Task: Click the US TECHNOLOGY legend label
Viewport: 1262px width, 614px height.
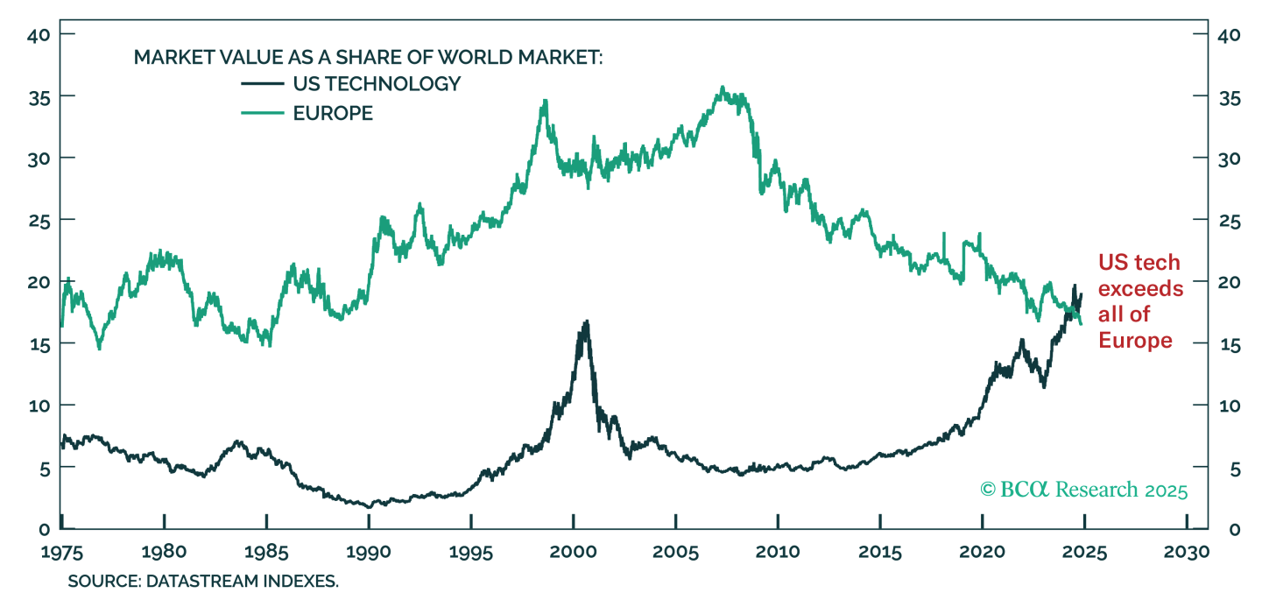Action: pos(377,84)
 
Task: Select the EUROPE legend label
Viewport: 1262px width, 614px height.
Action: pos(333,113)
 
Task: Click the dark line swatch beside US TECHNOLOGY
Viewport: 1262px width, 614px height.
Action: pos(262,84)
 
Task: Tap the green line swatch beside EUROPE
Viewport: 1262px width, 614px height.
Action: pos(262,113)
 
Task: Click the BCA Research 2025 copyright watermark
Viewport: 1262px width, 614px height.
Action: pos(1083,489)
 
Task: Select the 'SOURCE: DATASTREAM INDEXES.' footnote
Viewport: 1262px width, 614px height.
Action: pos(203,582)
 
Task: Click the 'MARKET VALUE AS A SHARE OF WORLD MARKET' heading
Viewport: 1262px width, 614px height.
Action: pos(369,58)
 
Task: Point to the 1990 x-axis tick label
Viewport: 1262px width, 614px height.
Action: pos(369,554)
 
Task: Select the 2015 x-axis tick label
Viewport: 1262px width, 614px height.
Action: pos(880,554)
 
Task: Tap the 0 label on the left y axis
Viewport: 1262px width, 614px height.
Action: pos(42,529)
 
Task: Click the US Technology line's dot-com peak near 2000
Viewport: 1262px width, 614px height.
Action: pos(586,321)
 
